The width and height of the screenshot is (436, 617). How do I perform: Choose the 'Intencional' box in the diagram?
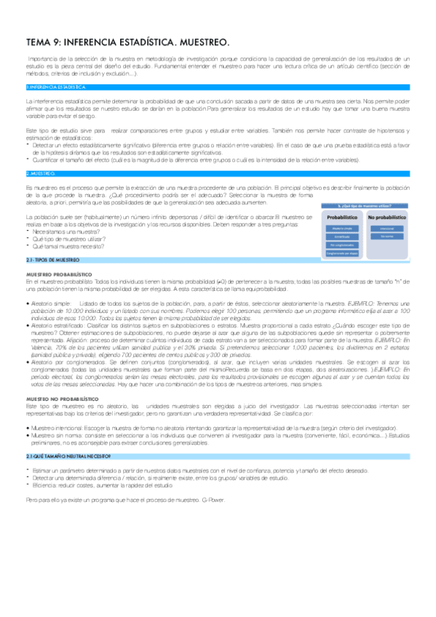tap(387, 228)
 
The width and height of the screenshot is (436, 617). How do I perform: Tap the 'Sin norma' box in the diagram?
tap(387, 236)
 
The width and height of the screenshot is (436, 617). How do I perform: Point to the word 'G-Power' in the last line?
tap(214, 501)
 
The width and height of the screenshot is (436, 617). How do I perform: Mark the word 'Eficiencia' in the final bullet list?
tap(45, 483)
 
